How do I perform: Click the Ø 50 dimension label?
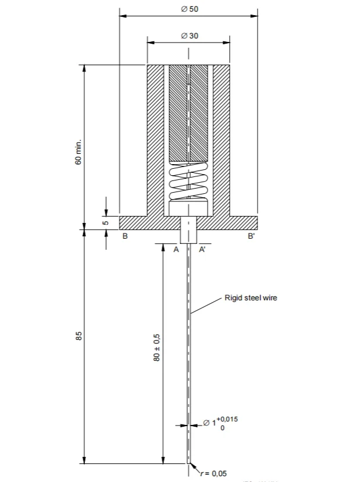pos(189,10)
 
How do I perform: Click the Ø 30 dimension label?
pos(189,36)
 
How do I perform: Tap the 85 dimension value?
pos(79,336)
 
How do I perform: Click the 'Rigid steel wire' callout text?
pos(251,298)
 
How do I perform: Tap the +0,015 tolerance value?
pos(227,419)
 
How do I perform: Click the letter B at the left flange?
pos(125,237)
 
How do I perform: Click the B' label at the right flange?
pos(251,237)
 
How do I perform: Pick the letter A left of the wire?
pos(176,249)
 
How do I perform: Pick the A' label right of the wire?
pos(202,249)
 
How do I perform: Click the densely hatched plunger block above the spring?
pos(188,114)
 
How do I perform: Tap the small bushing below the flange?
pos(188,231)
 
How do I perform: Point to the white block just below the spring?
pos(188,208)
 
